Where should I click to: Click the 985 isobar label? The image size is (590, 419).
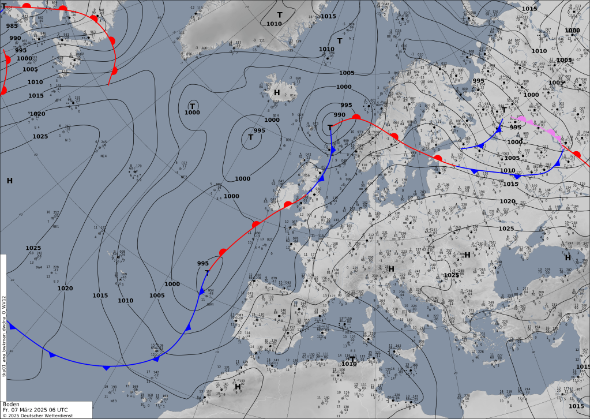click(x=12, y=25)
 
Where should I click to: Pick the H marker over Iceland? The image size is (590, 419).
click(x=277, y=92)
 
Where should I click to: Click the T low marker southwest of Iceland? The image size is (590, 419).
click(x=251, y=137)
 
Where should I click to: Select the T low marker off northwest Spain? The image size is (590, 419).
click(x=207, y=272)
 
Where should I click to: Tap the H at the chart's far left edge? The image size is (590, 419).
click(x=10, y=181)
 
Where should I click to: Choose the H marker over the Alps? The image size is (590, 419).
click(x=391, y=268)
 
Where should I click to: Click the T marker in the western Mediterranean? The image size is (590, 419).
click(x=352, y=359)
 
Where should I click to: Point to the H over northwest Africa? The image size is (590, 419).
click(x=230, y=387)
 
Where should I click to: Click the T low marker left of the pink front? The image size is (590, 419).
click(x=503, y=110)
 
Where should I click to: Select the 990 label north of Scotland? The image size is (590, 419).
click(x=339, y=115)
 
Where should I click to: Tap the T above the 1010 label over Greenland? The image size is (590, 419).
click(x=280, y=14)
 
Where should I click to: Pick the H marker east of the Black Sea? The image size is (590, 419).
click(x=568, y=257)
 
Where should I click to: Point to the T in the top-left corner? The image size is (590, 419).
click(x=4, y=5)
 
